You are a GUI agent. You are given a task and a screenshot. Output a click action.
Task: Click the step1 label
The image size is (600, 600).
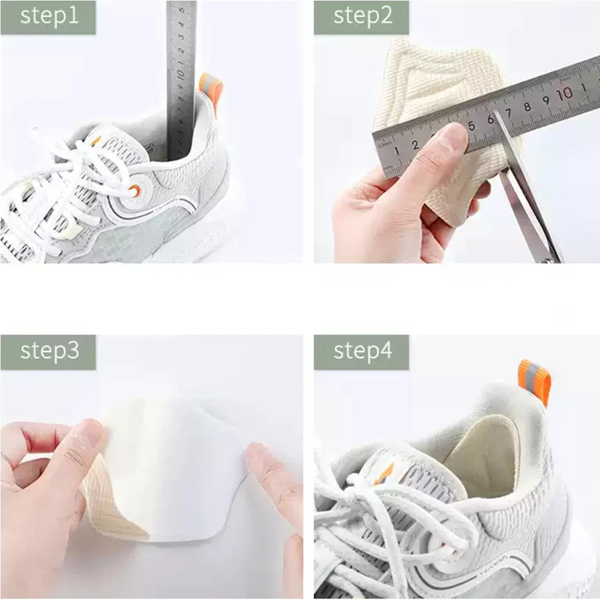pyautogui.click(x=49, y=16)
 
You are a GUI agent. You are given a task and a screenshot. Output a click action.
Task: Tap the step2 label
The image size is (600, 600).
pyautogui.click(x=362, y=16)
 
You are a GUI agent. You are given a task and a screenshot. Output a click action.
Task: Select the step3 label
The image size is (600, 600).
pyautogui.click(x=49, y=351)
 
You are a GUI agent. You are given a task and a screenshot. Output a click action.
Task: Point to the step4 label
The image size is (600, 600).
pyautogui.click(x=362, y=351)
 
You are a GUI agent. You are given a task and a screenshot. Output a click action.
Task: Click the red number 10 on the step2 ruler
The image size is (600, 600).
pyautogui.click(x=564, y=94)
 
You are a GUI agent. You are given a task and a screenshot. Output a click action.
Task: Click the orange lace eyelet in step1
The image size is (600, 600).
pyautogui.click(x=135, y=191)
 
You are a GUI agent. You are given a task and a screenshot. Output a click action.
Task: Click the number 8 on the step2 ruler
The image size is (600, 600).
pyautogui.click(x=527, y=106)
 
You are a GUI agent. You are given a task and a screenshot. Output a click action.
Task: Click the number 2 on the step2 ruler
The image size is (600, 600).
pyautogui.click(x=415, y=145)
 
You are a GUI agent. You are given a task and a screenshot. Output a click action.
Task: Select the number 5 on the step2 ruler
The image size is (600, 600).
pyautogui.click(x=472, y=125)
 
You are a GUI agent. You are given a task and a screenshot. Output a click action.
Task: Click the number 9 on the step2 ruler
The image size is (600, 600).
pyautogui.click(x=545, y=100)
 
